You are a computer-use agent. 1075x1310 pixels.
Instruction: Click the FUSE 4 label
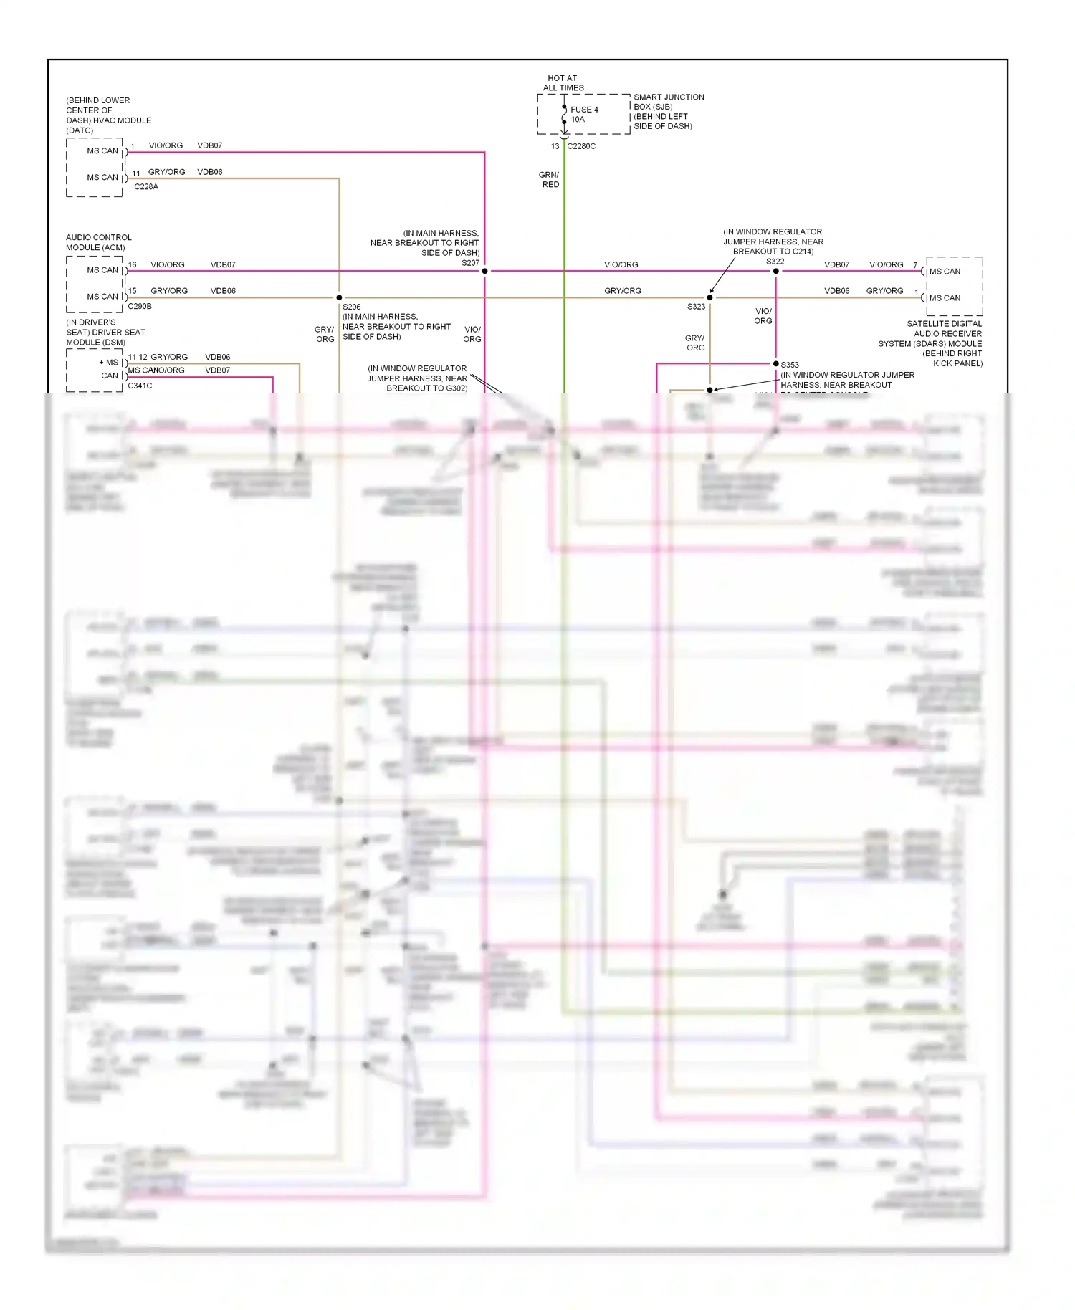(x=584, y=110)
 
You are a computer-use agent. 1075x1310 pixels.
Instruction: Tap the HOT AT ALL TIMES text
(x=563, y=83)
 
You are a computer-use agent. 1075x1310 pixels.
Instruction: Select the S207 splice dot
(x=485, y=271)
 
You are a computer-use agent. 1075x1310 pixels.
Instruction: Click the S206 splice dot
(x=339, y=297)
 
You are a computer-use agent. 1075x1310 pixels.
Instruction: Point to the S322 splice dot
(x=776, y=271)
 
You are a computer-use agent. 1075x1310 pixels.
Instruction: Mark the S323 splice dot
(x=710, y=297)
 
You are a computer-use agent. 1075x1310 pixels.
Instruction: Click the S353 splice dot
(x=776, y=364)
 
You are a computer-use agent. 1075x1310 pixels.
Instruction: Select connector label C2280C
(x=581, y=146)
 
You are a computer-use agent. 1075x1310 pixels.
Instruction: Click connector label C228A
(x=146, y=187)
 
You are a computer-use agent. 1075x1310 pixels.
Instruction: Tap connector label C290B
(x=140, y=307)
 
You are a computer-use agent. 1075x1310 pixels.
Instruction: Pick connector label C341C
(x=140, y=386)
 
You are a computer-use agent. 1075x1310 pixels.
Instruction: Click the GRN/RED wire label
(x=550, y=180)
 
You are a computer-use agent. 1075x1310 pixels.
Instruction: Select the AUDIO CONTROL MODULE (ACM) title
(x=99, y=242)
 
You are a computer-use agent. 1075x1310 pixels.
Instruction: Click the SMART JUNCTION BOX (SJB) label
(x=668, y=102)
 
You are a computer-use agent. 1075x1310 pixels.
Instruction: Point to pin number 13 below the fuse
(x=555, y=146)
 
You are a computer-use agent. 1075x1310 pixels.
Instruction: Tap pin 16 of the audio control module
(x=132, y=265)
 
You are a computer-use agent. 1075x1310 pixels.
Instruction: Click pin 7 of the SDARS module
(x=915, y=265)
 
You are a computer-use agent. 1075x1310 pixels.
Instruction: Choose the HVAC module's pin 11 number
(x=136, y=173)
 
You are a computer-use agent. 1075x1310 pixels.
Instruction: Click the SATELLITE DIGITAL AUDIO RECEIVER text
(x=945, y=329)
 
